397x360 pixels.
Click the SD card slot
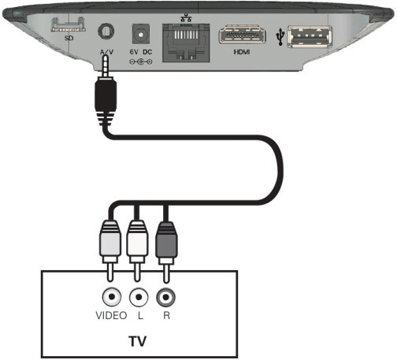click(x=69, y=25)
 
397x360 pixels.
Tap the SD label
click(x=69, y=38)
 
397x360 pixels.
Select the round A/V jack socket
click(x=106, y=32)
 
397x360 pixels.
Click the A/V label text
click(x=106, y=52)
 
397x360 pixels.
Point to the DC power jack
click(x=141, y=34)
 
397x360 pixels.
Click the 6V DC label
click(x=141, y=52)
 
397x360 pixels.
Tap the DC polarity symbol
click(x=141, y=62)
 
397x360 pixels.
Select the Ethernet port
click(x=186, y=43)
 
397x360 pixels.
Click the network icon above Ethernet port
click(x=186, y=17)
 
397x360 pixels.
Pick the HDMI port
click(x=242, y=35)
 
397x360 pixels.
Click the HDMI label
click(x=242, y=52)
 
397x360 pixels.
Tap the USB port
click(x=310, y=36)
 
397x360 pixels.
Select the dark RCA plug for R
click(x=166, y=239)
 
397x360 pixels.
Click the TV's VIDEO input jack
click(x=112, y=297)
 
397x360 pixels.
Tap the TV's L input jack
click(x=139, y=297)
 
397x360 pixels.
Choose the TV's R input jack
click(x=165, y=297)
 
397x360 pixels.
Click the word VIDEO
click(x=111, y=315)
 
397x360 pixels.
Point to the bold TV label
click(x=138, y=341)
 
